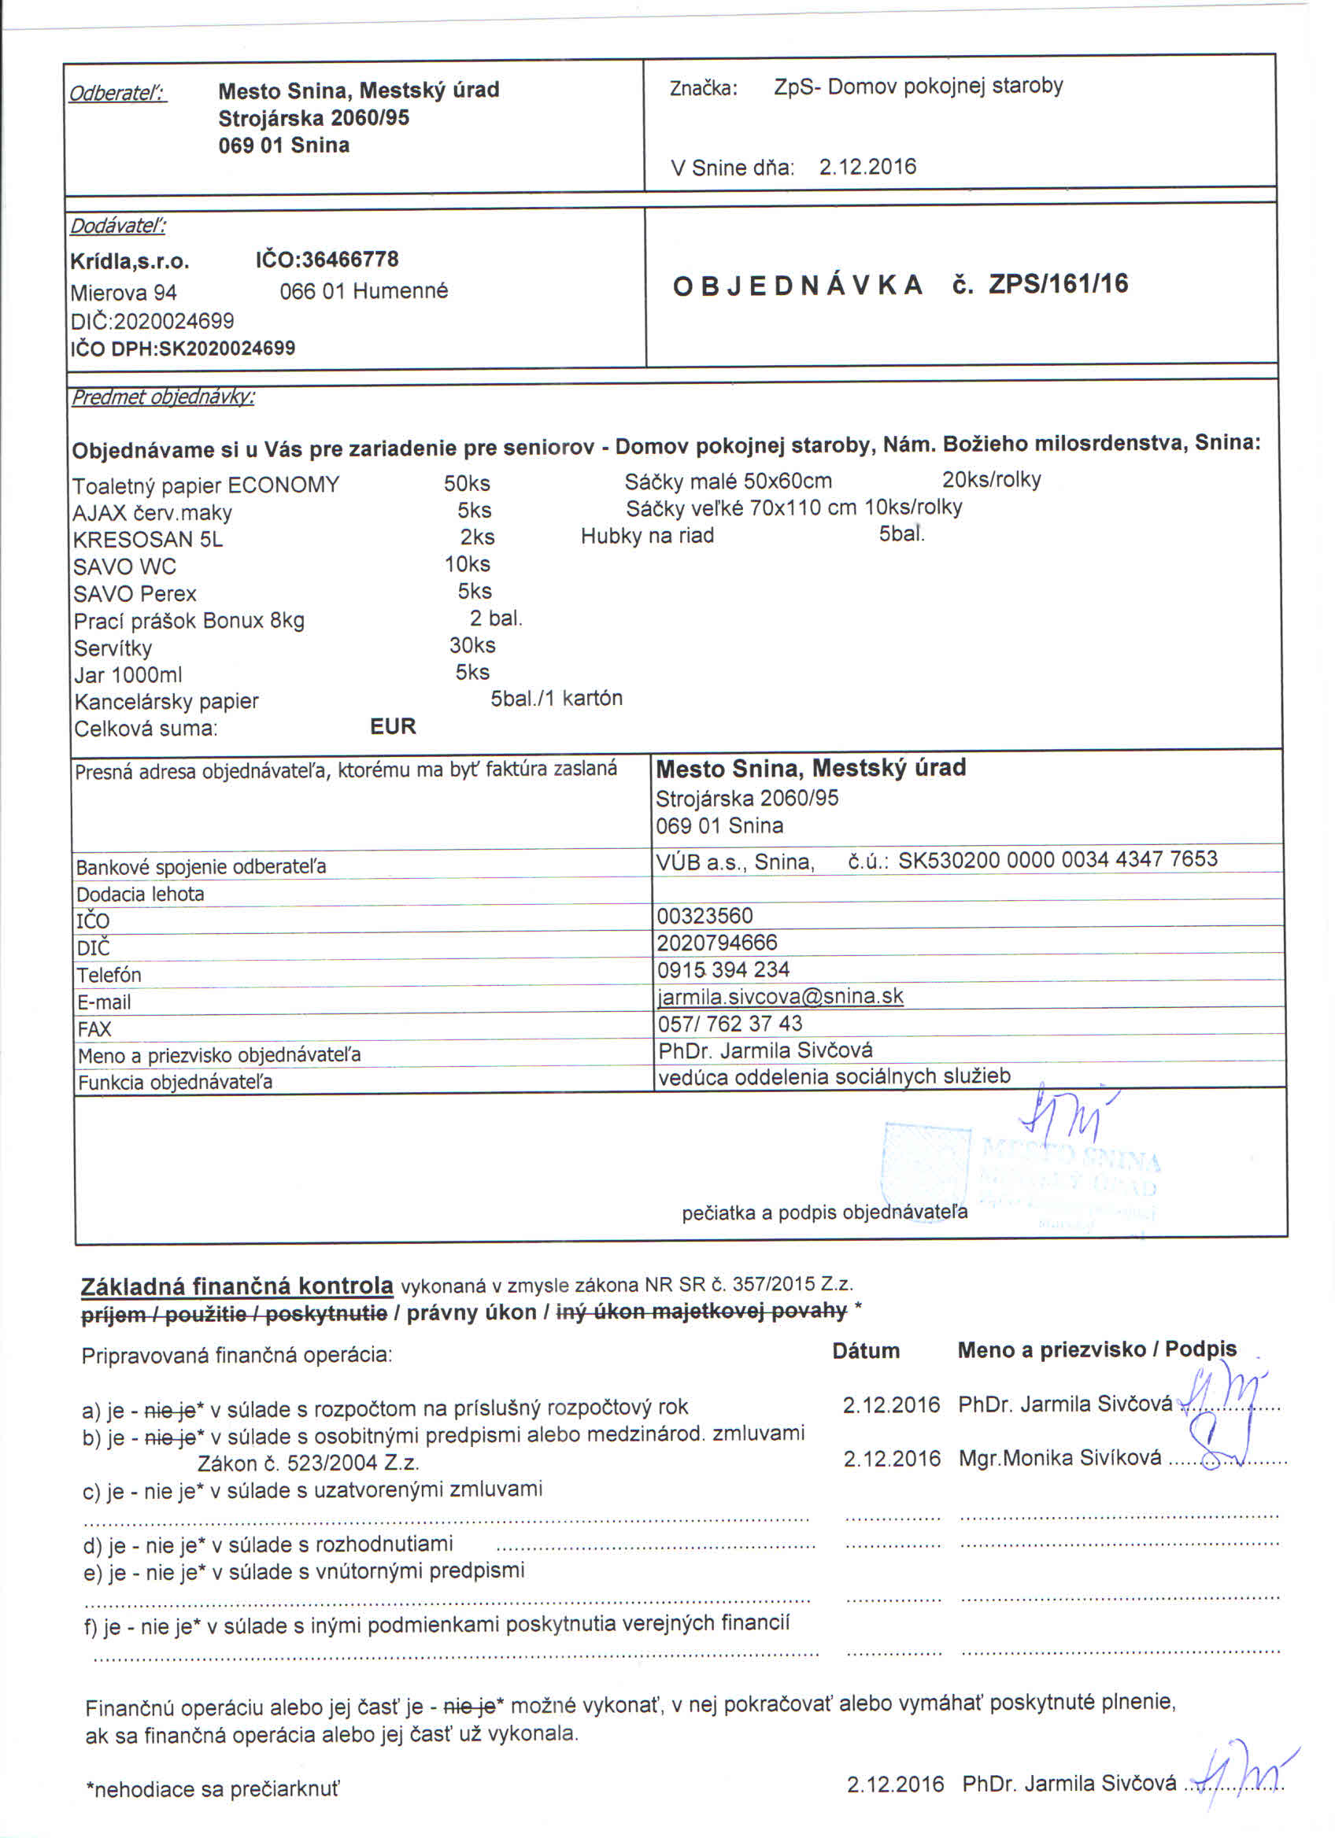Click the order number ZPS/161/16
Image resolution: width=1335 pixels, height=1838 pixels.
click(x=1058, y=285)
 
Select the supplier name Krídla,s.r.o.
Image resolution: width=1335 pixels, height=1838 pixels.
click(x=130, y=262)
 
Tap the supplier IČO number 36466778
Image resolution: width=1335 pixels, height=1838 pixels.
click(x=349, y=260)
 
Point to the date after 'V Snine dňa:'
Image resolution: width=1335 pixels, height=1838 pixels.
click(x=867, y=167)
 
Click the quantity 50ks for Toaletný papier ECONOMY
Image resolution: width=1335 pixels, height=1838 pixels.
click(x=467, y=484)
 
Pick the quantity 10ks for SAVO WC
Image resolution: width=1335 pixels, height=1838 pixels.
click(x=467, y=564)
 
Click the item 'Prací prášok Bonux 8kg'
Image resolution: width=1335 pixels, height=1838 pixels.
click(x=189, y=622)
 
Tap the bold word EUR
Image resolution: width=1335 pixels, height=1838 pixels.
click(x=392, y=726)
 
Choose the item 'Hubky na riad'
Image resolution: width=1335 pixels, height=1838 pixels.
click(x=647, y=536)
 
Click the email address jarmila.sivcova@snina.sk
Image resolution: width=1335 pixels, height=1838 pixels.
click(x=780, y=996)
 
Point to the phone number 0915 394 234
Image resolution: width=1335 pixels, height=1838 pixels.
click(x=723, y=969)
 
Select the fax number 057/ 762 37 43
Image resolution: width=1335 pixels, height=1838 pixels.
click(x=730, y=1024)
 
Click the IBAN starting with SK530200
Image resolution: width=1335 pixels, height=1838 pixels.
click(x=1057, y=859)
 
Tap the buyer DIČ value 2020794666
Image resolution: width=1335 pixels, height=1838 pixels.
click(x=716, y=943)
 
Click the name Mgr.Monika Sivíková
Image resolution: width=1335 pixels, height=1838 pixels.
click(x=1059, y=1458)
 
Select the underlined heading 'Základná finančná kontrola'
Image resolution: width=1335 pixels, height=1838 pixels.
click(x=237, y=1286)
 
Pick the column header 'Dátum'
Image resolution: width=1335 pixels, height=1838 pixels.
click(x=866, y=1351)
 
